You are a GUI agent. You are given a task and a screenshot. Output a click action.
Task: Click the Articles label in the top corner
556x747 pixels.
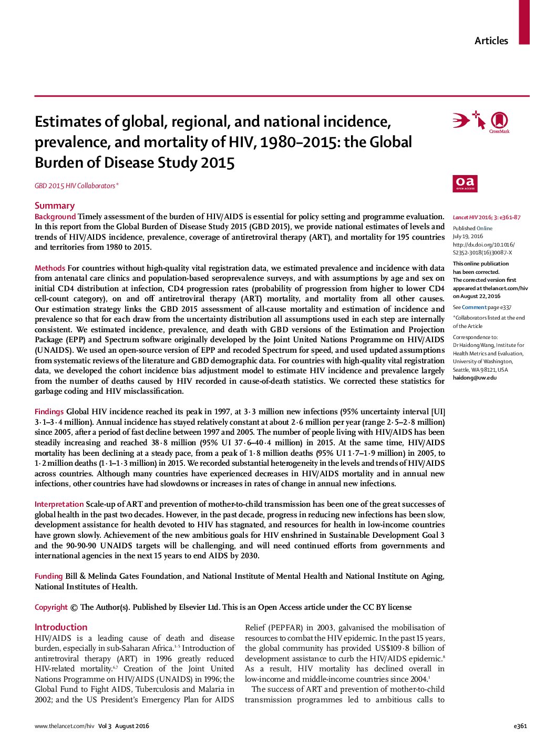coord(491,41)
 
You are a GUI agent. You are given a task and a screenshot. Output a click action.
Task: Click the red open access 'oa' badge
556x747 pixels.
coord(465,183)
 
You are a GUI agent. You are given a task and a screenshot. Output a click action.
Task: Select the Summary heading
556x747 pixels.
coord(55,206)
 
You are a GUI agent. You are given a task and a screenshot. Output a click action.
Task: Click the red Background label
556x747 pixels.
coord(55,217)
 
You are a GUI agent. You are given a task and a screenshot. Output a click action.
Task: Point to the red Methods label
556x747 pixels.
coord(50,268)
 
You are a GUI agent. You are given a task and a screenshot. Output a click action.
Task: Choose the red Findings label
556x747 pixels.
coord(49,412)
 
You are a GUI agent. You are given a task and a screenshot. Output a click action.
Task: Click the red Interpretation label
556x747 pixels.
coord(59,504)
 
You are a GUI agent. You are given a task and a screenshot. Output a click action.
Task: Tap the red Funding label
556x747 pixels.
coord(49,576)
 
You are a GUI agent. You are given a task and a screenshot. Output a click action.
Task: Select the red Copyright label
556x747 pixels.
coord(51,607)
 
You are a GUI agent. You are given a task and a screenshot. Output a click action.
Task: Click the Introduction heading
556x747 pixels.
coord(61,627)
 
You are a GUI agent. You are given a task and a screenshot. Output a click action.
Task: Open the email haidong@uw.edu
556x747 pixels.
coord(474,377)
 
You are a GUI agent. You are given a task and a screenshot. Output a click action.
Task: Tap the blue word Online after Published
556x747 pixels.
coord(485,228)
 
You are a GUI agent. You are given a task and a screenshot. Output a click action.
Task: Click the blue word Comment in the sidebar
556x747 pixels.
coord(474,308)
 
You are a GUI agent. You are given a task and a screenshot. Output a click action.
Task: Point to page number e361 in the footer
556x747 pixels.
coord(520,726)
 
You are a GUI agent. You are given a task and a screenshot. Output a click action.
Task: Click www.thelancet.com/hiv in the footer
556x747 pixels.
coord(64,726)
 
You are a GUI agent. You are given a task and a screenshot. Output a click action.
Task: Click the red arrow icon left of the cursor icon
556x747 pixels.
coord(461,121)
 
